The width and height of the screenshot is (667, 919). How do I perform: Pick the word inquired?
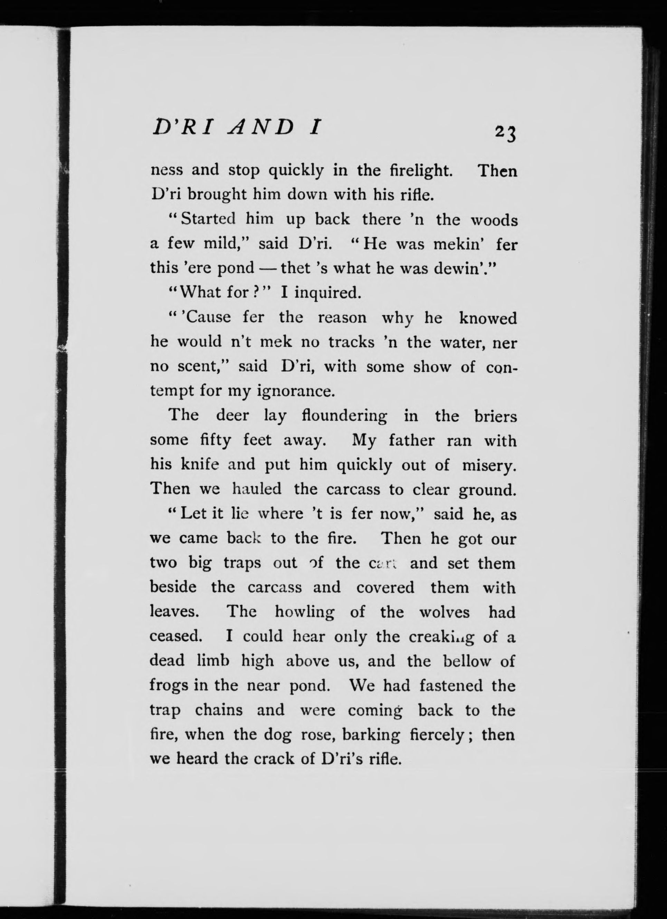click(x=327, y=293)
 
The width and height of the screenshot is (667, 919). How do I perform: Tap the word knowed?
click(x=488, y=318)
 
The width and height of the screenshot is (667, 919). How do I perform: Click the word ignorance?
click(x=296, y=391)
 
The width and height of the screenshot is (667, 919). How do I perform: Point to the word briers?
click(x=495, y=416)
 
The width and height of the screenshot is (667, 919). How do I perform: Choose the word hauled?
click(x=257, y=489)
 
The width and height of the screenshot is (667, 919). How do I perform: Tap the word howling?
click(x=305, y=612)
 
